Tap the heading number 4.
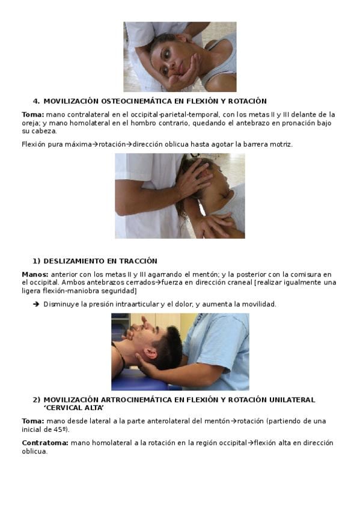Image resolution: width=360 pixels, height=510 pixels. coord(35,101)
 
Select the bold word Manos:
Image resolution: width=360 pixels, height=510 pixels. coord(35,274)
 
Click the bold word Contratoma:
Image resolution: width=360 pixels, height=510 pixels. coord(45,443)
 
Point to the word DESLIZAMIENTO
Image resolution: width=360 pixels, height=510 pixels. coord(75,261)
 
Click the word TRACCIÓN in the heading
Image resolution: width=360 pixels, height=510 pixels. coord(138,261)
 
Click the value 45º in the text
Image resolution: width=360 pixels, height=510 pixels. coord(60,429)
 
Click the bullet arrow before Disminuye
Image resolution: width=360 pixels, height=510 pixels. coord(36,304)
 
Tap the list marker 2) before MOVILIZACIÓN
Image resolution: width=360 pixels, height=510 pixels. coord(37,400)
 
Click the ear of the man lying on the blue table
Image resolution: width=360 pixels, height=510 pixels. coord(150,353)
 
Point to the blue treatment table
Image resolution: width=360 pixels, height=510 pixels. coord(139,381)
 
